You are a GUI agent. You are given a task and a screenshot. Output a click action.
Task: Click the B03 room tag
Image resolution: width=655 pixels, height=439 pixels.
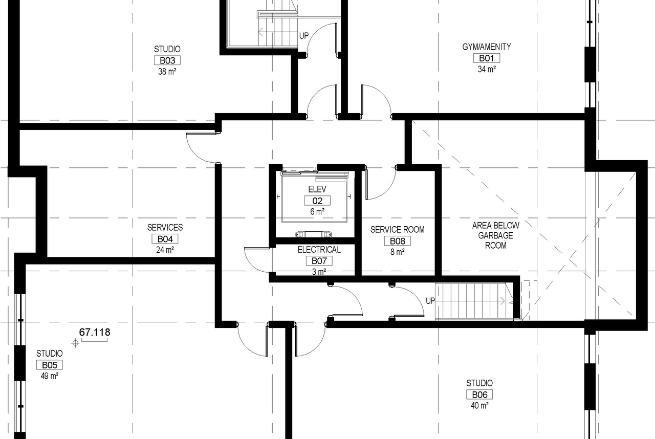[167, 60]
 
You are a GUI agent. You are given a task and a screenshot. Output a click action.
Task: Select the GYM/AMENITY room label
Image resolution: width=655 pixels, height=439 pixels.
[487, 47]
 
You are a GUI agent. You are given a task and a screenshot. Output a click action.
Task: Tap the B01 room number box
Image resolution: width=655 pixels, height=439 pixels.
[486, 58]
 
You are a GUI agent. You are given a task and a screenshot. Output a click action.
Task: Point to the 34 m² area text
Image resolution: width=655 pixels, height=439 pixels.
[486, 69]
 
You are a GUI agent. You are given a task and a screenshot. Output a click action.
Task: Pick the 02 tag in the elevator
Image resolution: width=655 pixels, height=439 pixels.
[317, 201]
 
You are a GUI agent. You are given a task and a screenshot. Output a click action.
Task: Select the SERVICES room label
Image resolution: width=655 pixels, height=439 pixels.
[165, 228]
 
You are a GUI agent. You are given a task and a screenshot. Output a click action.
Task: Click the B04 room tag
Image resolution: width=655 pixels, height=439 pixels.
[164, 239]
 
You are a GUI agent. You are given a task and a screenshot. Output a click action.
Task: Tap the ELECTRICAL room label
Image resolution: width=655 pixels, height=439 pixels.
[319, 250]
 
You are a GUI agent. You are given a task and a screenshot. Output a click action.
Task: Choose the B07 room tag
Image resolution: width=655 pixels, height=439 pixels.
[319, 261]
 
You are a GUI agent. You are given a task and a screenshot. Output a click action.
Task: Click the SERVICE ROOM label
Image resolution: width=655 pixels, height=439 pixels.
[398, 230]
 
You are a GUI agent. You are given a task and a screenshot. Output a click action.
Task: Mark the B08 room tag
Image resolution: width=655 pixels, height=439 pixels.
[397, 241]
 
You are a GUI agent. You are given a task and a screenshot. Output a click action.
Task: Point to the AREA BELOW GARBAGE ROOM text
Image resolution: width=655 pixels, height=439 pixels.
[496, 235]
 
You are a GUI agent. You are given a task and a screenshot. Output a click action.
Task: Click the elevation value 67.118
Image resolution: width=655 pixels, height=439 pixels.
[95, 333]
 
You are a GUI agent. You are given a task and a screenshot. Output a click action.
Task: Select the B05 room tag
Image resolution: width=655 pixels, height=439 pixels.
[50, 365]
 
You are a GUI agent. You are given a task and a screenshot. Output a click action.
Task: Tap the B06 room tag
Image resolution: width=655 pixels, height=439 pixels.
[479, 394]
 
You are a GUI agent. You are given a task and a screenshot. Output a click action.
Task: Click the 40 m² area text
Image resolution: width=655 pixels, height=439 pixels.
[479, 405]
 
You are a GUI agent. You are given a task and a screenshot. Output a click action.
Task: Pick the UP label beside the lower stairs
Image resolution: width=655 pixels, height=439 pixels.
[430, 301]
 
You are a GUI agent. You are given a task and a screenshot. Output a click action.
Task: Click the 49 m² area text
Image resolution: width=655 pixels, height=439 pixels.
[50, 376]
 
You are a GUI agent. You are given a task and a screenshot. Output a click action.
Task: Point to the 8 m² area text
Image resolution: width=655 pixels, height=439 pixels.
[398, 252]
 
